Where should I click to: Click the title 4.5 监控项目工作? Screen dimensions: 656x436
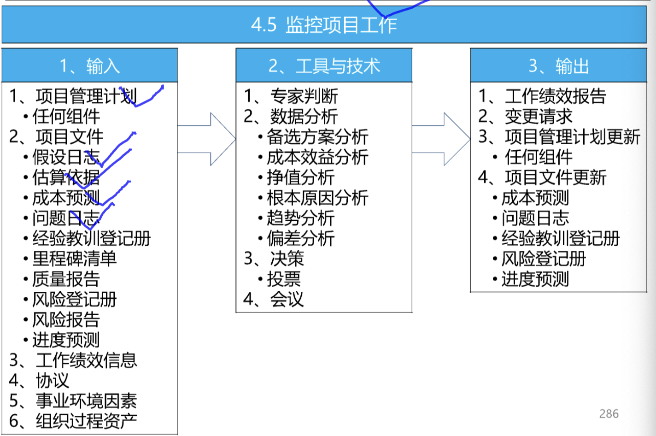tap(324, 24)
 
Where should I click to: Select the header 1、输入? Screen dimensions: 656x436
tap(90, 66)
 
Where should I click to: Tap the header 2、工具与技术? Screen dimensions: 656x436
tap(324, 66)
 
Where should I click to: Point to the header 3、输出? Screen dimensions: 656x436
tap(558, 66)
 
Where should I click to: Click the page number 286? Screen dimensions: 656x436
tap(609, 414)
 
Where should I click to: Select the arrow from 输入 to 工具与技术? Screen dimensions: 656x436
tap(207, 139)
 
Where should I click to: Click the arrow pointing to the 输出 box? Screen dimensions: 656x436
tap(441, 139)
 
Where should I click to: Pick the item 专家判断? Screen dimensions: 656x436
tap(304, 96)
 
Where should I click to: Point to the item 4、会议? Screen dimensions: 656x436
tap(274, 300)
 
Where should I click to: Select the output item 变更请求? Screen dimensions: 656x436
tap(538, 116)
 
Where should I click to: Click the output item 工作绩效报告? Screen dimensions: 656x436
tap(555, 96)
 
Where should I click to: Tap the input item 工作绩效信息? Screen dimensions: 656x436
tap(86, 360)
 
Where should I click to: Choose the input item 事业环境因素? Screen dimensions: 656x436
tap(86, 401)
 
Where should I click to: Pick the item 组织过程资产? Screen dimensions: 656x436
tap(86, 421)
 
